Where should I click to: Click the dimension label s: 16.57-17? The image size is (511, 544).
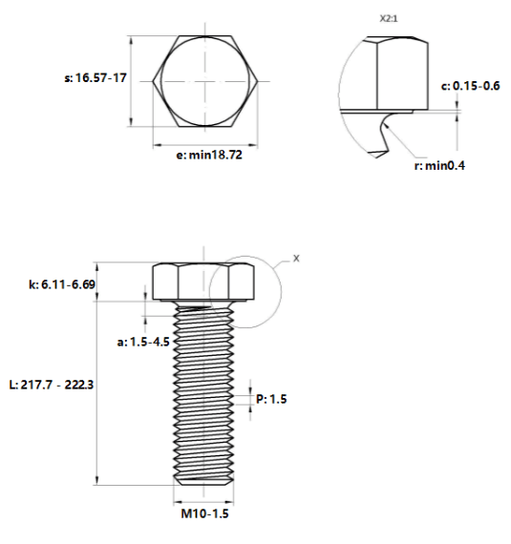[x=96, y=77]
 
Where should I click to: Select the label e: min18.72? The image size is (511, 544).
[x=209, y=155]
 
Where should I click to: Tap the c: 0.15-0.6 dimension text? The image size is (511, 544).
[x=470, y=86]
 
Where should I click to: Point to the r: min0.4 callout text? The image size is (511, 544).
[x=439, y=165]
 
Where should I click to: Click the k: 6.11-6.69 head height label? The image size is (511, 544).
[x=62, y=284]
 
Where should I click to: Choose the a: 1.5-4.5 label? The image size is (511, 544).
[x=143, y=342]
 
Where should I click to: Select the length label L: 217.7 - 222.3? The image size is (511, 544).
[x=52, y=385]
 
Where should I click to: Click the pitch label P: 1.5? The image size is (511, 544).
[x=271, y=399]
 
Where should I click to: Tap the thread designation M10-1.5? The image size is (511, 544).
[x=204, y=513]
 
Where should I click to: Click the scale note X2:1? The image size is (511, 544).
[x=389, y=19]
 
